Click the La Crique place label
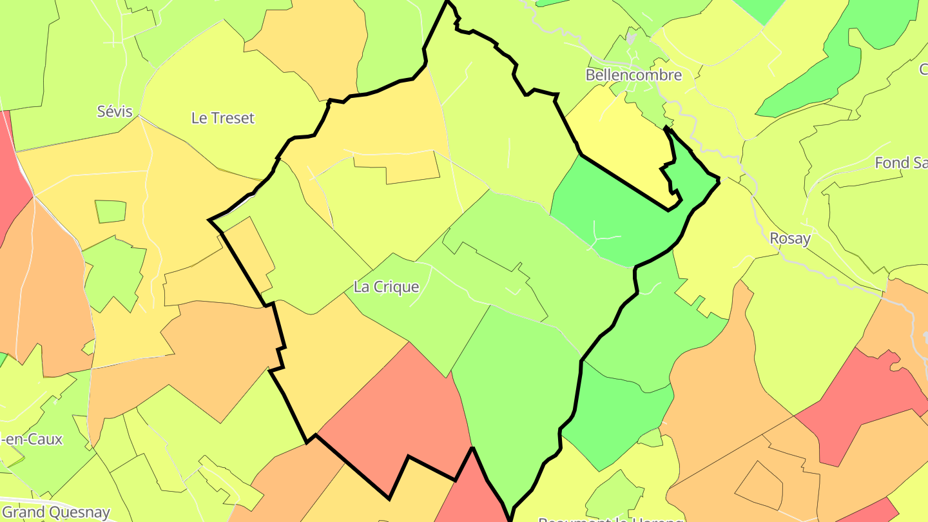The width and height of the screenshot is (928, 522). pos(387,287)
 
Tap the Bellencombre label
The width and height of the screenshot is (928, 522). pos(633,75)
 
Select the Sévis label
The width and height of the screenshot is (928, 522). pos(115,111)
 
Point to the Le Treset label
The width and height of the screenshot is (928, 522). pos(223,118)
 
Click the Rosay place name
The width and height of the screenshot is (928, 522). pos(790,238)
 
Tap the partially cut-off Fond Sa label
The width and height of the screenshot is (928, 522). pos(901,163)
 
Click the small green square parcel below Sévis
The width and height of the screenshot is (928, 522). pos(111,211)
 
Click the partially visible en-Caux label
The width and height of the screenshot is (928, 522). pos(32,440)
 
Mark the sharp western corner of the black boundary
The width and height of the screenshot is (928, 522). pos(209,220)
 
